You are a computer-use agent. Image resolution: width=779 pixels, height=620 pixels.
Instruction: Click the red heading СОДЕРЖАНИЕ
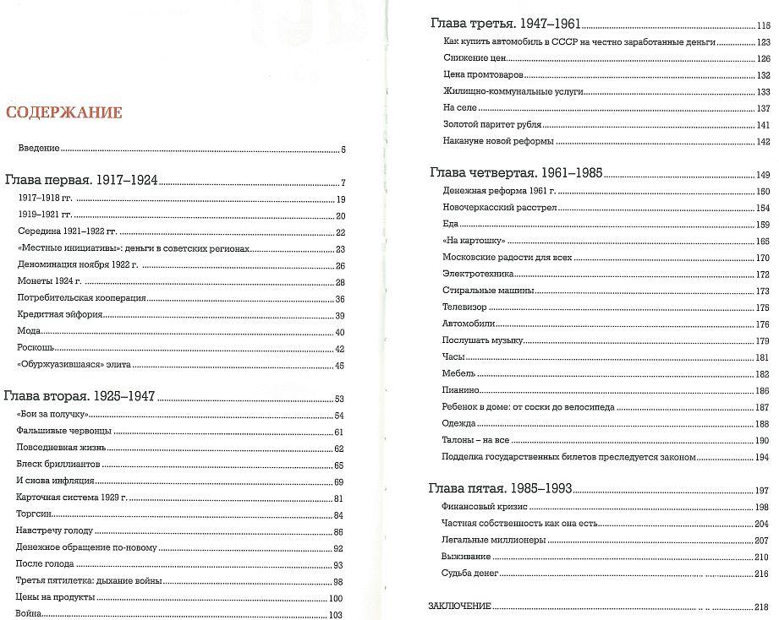[x=64, y=113]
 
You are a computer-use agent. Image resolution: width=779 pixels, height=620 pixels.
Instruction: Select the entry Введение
[x=39, y=149]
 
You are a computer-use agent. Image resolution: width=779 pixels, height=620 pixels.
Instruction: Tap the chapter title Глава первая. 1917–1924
[x=82, y=181]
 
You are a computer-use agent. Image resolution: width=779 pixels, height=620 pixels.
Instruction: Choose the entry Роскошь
[x=36, y=348]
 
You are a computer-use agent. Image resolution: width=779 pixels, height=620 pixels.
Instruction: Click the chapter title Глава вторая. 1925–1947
[x=80, y=398]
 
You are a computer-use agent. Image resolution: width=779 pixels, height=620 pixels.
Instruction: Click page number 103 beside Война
[x=336, y=616]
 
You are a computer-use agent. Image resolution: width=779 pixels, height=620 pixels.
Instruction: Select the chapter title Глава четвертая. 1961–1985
[x=516, y=173]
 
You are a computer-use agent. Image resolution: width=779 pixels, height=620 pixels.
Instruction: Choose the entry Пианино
[x=461, y=390]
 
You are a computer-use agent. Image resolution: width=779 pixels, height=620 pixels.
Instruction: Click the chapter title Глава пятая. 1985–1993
[x=501, y=488]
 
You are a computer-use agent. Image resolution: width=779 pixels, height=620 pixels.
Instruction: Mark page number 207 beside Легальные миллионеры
[x=762, y=541]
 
